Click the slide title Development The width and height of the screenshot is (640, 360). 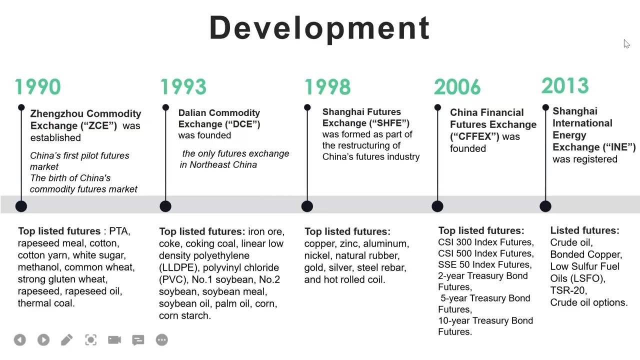coord(319,28)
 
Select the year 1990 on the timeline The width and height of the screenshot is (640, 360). coord(37,87)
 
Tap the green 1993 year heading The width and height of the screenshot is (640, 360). coord(183,87)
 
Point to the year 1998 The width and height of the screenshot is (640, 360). coord(327,87)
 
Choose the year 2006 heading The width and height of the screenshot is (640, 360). coord(457,87)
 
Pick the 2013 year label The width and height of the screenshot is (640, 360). coord(565,86)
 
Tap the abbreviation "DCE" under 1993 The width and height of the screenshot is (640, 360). coord(244,124)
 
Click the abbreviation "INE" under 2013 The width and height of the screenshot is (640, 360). coord(619,147)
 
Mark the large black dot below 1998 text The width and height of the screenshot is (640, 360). coord(307,206)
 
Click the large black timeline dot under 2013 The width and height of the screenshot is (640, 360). coord(545,206)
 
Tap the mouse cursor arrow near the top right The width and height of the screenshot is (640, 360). coord(626,44)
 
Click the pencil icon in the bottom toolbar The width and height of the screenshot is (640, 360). coord(66,340)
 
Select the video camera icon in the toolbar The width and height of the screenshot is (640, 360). coord(114,340)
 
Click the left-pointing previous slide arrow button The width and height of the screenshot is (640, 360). coord(19,340)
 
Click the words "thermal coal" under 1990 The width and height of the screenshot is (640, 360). coord(46,303)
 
